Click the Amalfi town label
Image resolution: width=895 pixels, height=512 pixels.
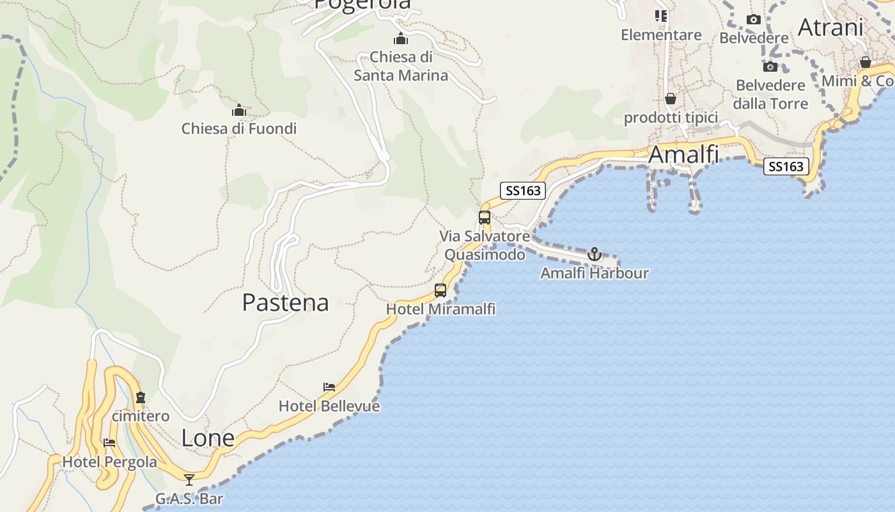[683, 155]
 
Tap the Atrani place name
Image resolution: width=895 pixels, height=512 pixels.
[830, 28]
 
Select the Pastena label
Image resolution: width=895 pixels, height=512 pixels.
[285, 303]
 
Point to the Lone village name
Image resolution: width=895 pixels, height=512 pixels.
[208, 438]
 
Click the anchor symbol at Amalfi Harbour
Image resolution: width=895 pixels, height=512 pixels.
[595, 254]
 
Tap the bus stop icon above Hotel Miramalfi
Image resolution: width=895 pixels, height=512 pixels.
[440, 291]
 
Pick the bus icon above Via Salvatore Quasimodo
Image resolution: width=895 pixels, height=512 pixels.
[485, 218]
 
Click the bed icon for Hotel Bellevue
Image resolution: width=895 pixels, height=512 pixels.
[329, 387]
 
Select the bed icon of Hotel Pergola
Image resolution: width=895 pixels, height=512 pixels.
[109, 443]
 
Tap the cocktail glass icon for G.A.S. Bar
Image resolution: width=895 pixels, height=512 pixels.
[189, 479]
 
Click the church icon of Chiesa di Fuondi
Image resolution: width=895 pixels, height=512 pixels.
[239, 110]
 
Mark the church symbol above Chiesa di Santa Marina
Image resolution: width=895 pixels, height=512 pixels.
[401, 38]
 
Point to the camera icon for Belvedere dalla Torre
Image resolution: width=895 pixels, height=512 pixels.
[770, 67]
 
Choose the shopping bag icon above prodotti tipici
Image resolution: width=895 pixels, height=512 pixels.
[671, 99]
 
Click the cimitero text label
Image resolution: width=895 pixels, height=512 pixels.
[141, 416]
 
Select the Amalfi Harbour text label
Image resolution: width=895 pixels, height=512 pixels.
[595, 273]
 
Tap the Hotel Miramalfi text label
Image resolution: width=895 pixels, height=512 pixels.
[440, 309]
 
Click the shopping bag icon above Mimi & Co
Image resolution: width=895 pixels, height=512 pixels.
[865, 62]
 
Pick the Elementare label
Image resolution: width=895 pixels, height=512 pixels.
[661, 35]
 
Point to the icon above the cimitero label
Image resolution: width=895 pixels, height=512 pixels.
[141, 397]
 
